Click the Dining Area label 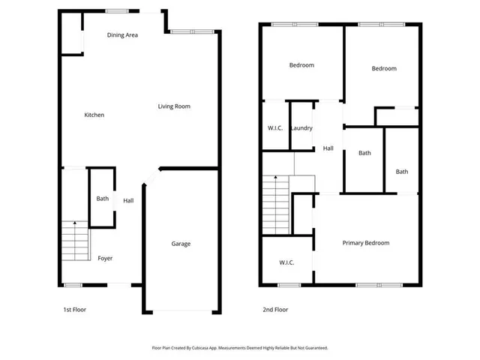click(121, 35)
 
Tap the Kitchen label click(94, 115)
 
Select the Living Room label click(174, 106)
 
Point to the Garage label click(181, 244)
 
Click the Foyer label click(105, 258)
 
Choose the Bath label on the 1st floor click(103, 199)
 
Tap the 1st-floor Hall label click(128, 200)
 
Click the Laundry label click(301, 128)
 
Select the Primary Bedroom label click(366, 243)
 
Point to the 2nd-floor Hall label click(328, 148)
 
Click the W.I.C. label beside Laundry click(274, 128)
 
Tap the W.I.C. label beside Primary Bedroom click(286, 262)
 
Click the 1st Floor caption click(74, 309)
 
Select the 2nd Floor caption click(275, 309)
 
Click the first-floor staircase click(74, 239)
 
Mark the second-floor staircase click(275, 196)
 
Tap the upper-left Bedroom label click(301, 65)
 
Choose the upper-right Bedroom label click(383, 69)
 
